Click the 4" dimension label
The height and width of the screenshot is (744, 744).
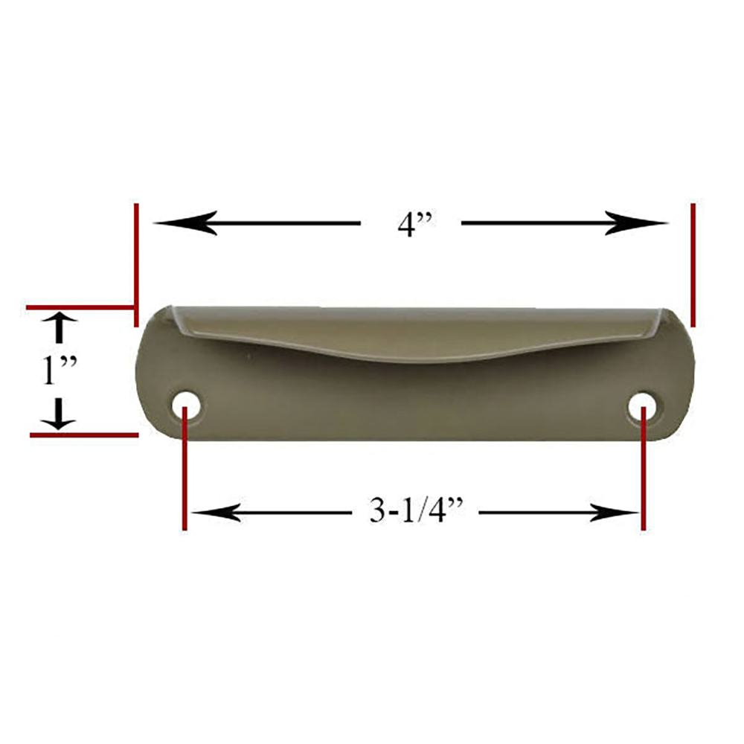pyautogui.click(x=411, y=223)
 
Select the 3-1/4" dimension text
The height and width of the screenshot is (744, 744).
pyautogui.click(x=417, y=513)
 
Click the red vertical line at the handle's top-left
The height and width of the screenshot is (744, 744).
pyautogui.click(x=135, y=264)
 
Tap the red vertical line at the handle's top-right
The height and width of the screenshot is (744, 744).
pyautogui.click(x=693, y=264)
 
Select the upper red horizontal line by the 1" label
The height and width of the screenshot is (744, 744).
pyautogui.click(x=80, y=307)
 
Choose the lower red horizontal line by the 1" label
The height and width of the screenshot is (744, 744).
pyautogui.click(x=83, y=434)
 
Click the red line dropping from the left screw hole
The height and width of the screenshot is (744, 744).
pyautogui.click(x=184, y=476)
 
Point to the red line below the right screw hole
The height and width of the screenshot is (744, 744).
pyautogui.click(x=643, y=476)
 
